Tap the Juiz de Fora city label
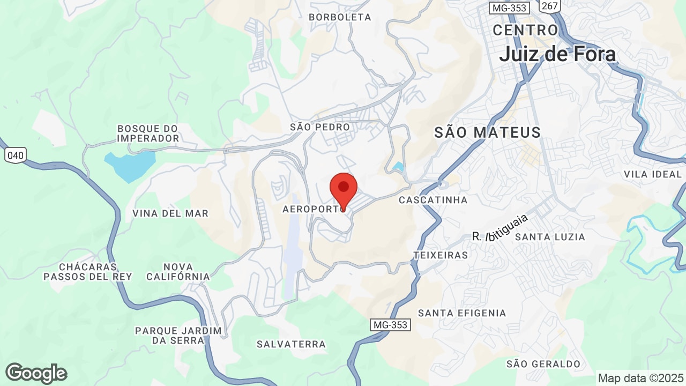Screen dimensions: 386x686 click(557, 54)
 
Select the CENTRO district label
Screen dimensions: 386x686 click(525, 30)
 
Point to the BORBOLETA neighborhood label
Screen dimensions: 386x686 click(340, 17)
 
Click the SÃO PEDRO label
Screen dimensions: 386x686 click(319, 127)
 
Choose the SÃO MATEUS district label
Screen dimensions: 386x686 click(487, 132)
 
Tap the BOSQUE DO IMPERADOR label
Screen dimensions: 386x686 click(148, 133)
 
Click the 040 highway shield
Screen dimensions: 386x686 click(16, 155)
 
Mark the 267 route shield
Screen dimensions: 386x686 click(550, 6)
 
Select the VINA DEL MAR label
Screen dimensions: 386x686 click(170, 213)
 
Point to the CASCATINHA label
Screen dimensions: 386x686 click(433, 200)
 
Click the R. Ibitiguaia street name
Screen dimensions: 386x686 click(500, 229)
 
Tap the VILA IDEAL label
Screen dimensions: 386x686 click(652, 174)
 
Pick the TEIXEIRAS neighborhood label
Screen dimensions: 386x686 click(441, 255)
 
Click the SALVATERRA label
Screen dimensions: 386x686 click(290, 344)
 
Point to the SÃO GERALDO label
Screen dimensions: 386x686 click(543, 364)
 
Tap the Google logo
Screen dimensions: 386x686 click(36, 373)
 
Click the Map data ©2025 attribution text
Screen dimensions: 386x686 click(640, 378)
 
